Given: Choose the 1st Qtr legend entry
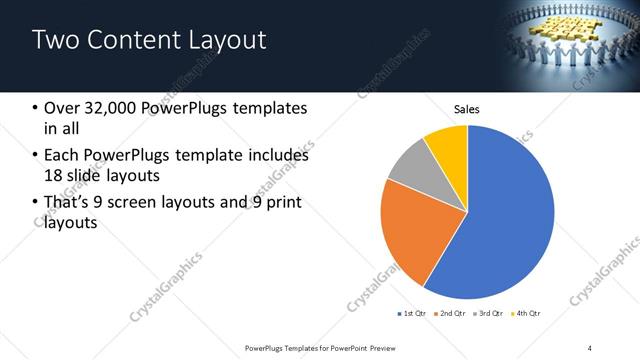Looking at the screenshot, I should coord(411,314).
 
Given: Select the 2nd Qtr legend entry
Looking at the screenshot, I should coord(451,314).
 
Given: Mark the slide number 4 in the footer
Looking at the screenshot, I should coord(590,346).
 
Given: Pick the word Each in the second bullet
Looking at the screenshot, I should coord(62,156).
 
